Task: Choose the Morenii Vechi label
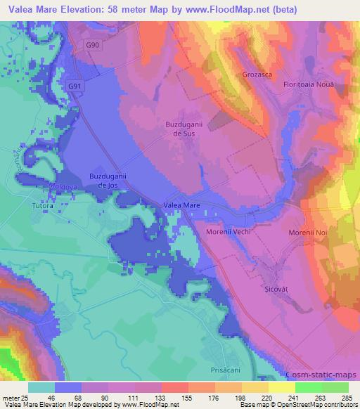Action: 229,231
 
